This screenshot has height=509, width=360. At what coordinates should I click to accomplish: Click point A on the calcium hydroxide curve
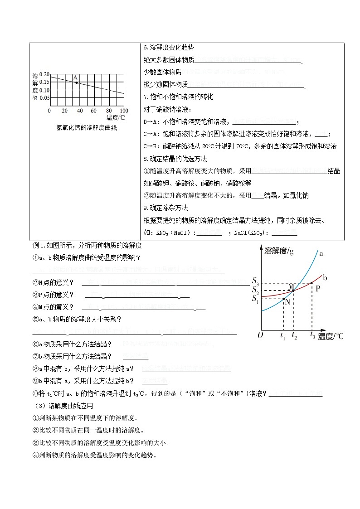(76, 82)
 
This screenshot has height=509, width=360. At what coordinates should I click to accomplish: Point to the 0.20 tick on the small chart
(44, 74)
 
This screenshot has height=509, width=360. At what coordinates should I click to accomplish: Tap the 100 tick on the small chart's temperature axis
(124, 111)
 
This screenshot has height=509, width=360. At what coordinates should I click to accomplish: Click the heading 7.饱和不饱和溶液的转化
(178, 97)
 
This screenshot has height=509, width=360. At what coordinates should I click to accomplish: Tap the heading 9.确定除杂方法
(165, 208)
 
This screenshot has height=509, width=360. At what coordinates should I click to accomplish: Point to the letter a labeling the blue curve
(321, 254)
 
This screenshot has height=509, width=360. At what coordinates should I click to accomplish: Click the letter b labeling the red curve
(325, 277)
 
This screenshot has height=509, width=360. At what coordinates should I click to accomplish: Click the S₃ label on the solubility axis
(255, 281)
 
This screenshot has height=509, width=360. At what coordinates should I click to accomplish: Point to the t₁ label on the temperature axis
(282, 336)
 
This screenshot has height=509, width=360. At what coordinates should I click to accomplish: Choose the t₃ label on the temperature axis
(312, 335)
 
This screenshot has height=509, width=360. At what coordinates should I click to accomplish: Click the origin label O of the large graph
(260, 335)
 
